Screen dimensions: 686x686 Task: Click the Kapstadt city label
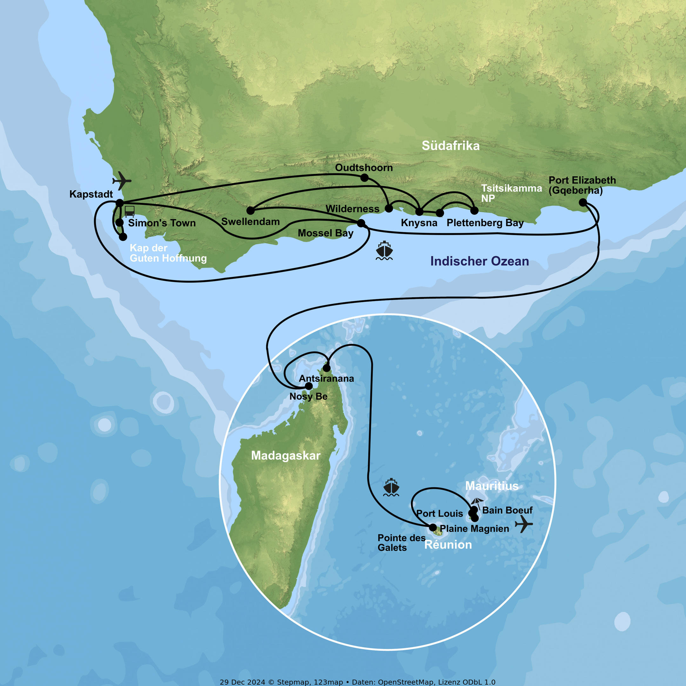click(x=91, y=194)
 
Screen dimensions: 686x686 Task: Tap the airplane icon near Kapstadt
click(x=122, y=180)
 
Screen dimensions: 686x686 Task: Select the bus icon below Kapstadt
click(x=130, y=211)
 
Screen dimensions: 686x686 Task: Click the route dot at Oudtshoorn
click(x=364, y=178)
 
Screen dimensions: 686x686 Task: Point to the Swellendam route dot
click(x=250, y=211)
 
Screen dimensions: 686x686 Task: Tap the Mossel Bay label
click(x=325, y=233)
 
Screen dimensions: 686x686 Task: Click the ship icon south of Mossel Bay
click(x=384, y=250)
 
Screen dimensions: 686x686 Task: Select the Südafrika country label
click(x=450, y=145)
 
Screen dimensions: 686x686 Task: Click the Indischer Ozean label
click(x=479, y=261)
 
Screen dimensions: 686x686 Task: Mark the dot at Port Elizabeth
click(x=583, y=202)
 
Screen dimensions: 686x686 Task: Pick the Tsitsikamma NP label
click(x=511, y=193)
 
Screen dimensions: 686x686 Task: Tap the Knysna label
click(x=419, y=223)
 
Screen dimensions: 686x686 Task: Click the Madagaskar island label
click(x=286, y=455)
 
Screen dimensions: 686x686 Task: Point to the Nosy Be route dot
click(x=309, y=386)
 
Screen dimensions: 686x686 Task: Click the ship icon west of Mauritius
click(x=391, y=487)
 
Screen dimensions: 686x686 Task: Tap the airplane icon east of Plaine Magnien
click(x=524, y=524)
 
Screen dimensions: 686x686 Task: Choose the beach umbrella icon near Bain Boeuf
click(x=477, y=502)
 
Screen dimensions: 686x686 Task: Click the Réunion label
click(x=448, y=545)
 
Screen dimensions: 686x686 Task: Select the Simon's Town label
click(x=162, y=223)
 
